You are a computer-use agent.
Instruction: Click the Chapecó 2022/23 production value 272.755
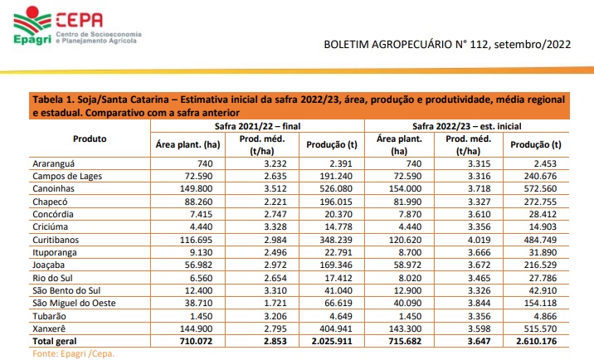coord(543,201)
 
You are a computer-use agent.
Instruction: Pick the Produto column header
coord(90,139)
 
